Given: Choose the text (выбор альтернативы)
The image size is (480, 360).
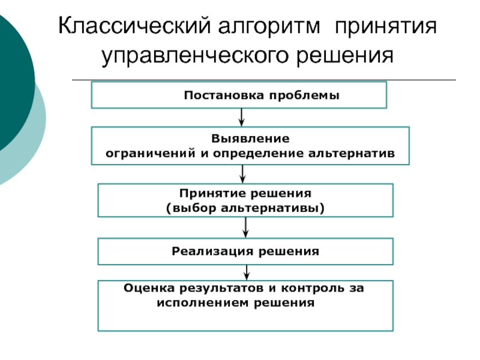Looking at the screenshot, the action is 245,208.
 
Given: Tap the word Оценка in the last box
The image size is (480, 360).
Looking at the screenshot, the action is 144,289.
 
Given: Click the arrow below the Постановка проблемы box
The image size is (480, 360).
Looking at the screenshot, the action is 241,117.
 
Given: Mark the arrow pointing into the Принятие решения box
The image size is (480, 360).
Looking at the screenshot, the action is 242,174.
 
